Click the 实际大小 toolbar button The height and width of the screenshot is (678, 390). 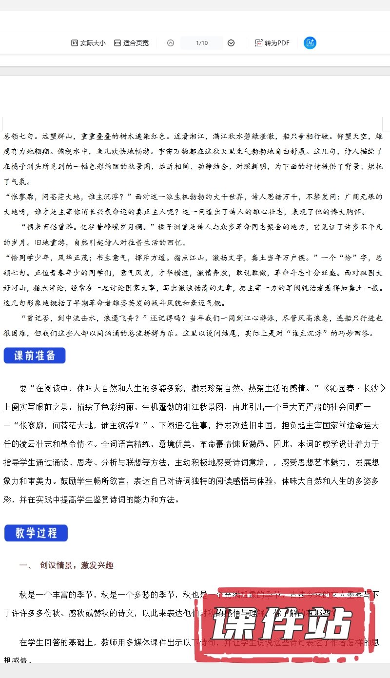pos(88,43)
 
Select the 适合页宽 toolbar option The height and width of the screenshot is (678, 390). pos(131,43)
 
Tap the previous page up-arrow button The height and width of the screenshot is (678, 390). pos(170,43)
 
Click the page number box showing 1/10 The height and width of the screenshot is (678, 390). pos(201,43)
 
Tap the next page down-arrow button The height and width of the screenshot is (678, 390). pos(231,43)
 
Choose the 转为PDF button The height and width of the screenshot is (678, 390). pos(272,43)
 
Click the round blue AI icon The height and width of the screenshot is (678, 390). pos(310,43)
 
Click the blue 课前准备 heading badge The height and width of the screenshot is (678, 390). pos(35,356)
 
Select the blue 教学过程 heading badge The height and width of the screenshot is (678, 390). pos(36,533)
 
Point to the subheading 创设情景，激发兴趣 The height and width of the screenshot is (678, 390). pos(77,566)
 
